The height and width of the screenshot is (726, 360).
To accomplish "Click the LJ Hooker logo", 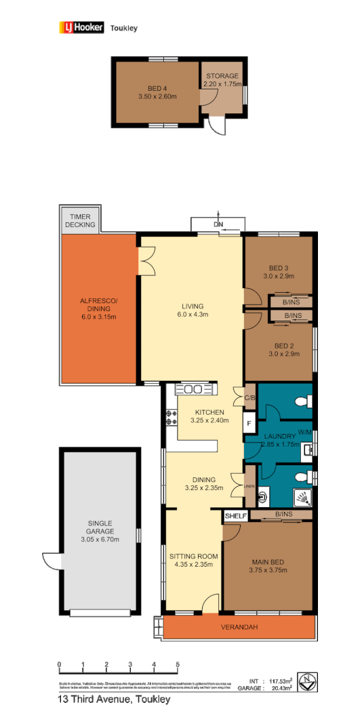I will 81,28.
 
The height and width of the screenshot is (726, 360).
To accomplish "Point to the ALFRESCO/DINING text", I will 100,309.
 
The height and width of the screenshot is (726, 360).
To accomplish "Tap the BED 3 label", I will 279,272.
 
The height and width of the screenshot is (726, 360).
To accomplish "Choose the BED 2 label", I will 279,349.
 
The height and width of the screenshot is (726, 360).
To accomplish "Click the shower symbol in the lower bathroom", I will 304,498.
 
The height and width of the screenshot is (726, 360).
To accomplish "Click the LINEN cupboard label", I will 250,485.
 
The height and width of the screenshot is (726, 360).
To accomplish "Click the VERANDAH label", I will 239,627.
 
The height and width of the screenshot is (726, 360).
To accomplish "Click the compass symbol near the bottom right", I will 307,680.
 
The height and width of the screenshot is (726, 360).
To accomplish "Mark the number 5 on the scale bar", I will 178,664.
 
